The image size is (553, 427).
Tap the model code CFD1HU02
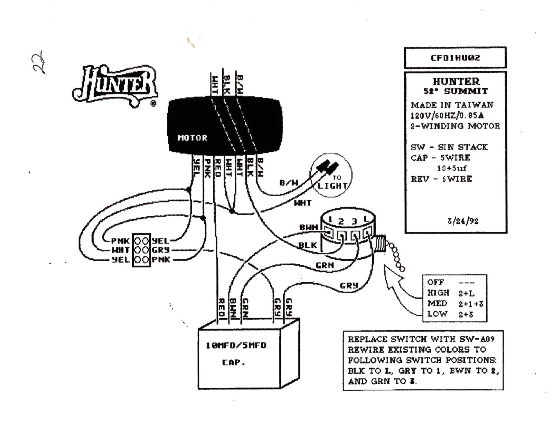pos(455,58)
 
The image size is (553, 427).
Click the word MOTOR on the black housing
pos(192,138)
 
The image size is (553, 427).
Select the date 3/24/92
pos(463,221)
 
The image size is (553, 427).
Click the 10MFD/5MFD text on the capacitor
pos(236,345)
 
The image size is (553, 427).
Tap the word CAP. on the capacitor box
pos(233,362)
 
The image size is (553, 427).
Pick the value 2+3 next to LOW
pos(466,314)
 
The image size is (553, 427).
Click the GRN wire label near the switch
pos(325,265)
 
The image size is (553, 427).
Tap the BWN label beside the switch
pos(308,227)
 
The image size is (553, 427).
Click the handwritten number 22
pos(39,63)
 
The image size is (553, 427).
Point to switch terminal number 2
pos(341,221)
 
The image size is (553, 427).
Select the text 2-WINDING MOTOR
pos(455,126)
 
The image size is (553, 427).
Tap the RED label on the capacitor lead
pos(222,307)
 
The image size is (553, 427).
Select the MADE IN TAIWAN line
pos(452,105)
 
